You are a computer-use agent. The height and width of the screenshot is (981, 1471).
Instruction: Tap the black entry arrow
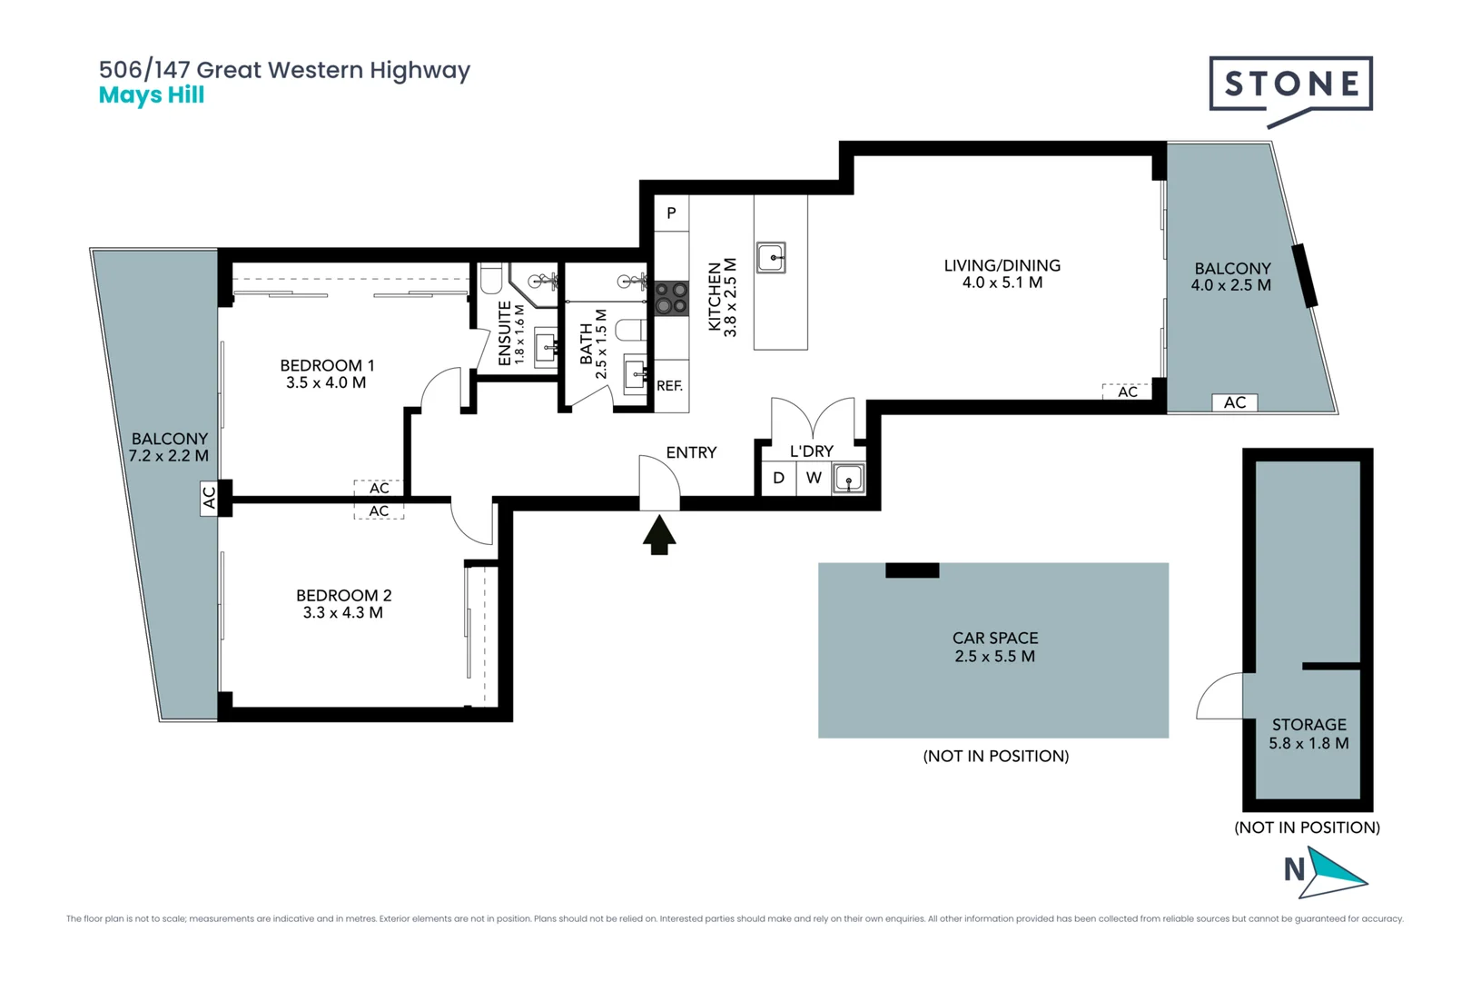[x=659, y=535]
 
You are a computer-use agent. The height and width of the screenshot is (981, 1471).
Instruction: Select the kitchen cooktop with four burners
[x=672, y=298]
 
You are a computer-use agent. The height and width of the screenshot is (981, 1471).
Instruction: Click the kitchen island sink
[x=771, y=257]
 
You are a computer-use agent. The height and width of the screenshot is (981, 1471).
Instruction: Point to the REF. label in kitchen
[x=669, y=386]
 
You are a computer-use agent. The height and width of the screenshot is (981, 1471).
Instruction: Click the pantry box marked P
[x=671, y=213]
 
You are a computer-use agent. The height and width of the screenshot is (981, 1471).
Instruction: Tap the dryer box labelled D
[x=778, y=478]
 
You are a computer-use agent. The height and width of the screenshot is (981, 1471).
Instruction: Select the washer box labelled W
[x=814, y=478]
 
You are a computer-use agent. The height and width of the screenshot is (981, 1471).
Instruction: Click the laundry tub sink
[x=848, y=478]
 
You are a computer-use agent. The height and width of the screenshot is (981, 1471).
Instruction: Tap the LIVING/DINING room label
[x=1002, y=265]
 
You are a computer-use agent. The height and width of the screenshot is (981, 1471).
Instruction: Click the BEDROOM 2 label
[x=343, y=596]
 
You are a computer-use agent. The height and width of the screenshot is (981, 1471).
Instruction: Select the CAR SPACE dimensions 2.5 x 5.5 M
[x=994, y=657]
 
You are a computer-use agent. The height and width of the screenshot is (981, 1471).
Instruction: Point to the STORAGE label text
[x=1308, y=725]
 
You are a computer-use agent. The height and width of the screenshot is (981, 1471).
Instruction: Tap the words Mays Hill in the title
[x=152, y=95]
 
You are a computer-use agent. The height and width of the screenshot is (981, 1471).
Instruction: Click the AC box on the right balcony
[x=1234, y=402]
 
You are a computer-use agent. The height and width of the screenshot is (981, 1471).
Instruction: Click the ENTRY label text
[x=691, y=452]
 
